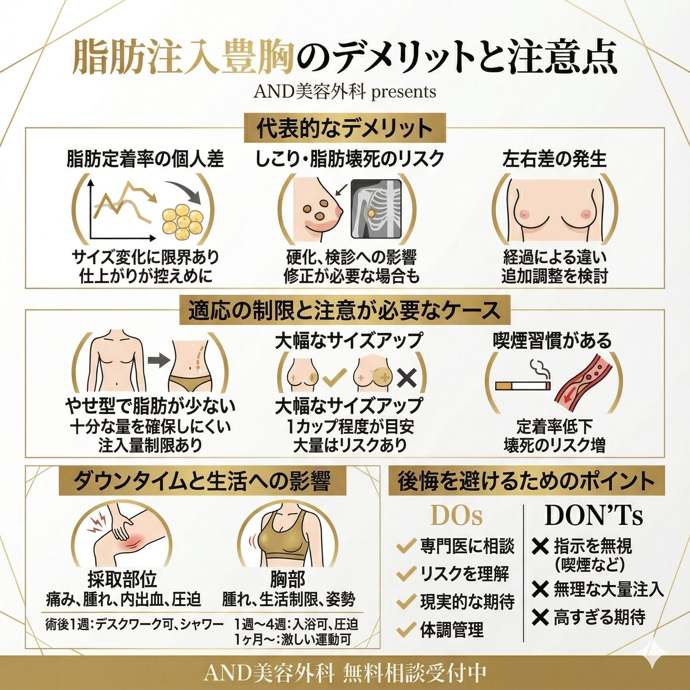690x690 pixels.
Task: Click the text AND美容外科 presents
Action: (345, 92)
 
